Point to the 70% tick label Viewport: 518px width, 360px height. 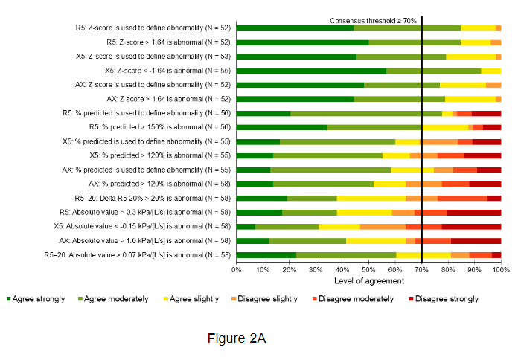(x=421, y=270)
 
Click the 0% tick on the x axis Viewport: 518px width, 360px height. (x=237, y=270)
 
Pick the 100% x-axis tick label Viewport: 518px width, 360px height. (x=500, y=270)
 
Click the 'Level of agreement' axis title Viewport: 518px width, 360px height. (x=368, y=280)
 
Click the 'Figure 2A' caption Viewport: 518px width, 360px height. (x=236, y=338)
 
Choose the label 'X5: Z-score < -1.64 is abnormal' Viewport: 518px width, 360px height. (x=167, y=71)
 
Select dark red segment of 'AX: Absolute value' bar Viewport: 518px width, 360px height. (x=476, y=241)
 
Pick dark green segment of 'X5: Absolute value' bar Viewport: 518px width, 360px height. (x=246, y=227)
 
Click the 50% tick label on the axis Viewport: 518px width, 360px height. (x=368, y=270)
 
